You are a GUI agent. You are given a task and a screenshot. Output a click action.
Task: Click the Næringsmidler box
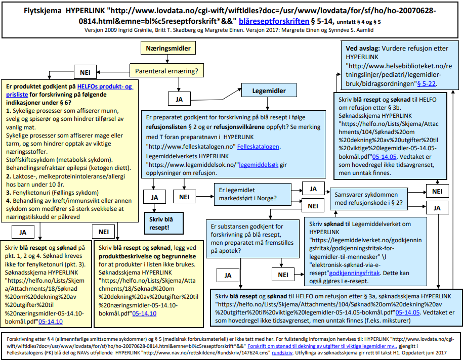coord(168,49)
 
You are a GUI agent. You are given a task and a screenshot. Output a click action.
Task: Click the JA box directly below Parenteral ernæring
coord(179,98)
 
